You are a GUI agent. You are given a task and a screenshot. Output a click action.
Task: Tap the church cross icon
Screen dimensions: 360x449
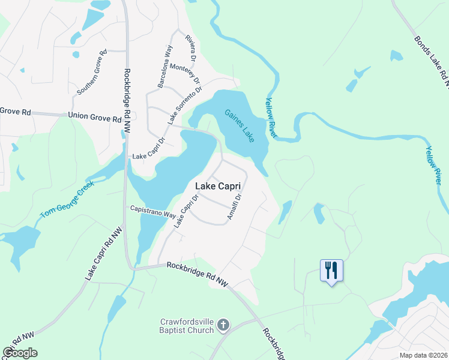click(223, 325)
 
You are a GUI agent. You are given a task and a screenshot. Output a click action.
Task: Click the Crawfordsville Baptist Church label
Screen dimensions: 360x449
click(187, 325)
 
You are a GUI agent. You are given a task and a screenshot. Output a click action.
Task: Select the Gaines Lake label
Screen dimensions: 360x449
click(240, 125)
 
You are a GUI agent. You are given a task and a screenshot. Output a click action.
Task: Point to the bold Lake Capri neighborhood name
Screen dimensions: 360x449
click(221, 187)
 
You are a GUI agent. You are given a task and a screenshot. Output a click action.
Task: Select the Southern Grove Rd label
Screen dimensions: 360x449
click(92, 72)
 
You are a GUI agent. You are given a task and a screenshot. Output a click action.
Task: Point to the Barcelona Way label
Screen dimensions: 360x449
click(164, 67)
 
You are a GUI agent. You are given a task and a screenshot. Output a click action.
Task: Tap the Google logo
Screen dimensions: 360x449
click(20, 353)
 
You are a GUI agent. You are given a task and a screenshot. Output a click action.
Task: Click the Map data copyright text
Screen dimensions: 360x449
click(423, 355)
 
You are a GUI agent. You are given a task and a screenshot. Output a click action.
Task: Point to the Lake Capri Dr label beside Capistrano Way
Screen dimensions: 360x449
click(185, 210)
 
